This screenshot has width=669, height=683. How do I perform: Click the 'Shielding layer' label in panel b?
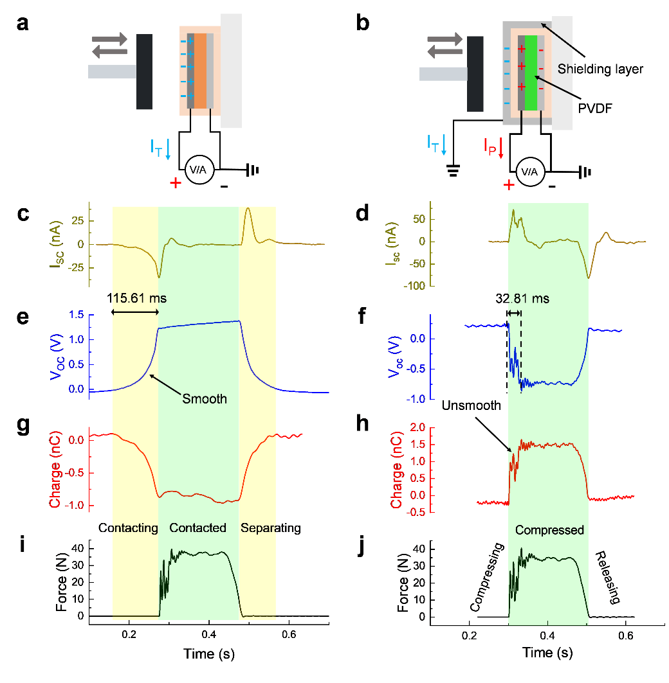[600, 69]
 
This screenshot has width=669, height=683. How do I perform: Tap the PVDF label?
[595, 108]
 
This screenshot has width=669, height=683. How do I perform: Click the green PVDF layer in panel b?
[531, 73]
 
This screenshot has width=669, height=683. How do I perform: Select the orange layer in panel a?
[200, 71]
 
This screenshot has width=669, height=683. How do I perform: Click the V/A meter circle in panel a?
[199, 170]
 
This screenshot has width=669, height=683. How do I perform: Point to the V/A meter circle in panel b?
[530, 172]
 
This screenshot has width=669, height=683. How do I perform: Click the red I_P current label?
[490, 146]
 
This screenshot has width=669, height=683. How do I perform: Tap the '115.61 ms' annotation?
[136, 298]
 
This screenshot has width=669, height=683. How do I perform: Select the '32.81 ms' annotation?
[522, 299]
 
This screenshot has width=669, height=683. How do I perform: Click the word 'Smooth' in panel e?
[205, 399]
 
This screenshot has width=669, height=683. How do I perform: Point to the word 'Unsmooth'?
[471, 405]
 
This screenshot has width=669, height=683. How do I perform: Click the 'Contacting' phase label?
[128, 528]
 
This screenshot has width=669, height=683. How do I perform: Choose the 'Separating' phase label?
[271, 528]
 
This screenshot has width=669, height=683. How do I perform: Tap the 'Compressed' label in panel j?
[549, 530]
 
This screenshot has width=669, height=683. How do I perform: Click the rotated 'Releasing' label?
[608, 578]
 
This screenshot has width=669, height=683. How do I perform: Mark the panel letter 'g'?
[23, 425]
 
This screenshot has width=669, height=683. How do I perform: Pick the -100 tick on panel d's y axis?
[415, 286]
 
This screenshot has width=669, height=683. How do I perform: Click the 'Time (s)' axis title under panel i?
[209, 654]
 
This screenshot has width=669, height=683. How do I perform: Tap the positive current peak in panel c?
[248, 209]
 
